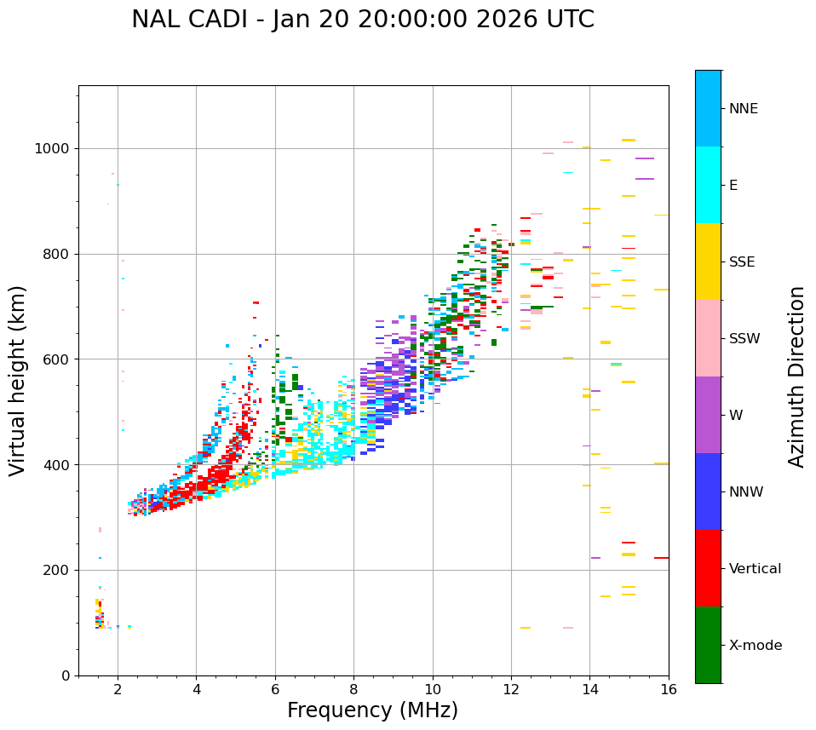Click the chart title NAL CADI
[362, 20]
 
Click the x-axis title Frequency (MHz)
[372, 710]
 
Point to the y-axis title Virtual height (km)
[18, 381]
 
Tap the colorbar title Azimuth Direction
[796, 376]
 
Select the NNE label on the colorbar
[744, 109]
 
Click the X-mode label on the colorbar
[756, 646]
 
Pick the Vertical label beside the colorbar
[755, 569]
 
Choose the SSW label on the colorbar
[744, 339]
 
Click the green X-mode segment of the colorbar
[708, 645]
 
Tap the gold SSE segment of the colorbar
[708, 262]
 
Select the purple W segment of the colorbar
[708, 415]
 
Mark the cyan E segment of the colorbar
[708, 185]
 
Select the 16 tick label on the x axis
[669, 689]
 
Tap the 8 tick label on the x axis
[353, 689]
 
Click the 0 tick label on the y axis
[66, 675]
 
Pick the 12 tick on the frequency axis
[511, 689]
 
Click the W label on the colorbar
[736, 416]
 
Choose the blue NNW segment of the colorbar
[708, 491]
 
